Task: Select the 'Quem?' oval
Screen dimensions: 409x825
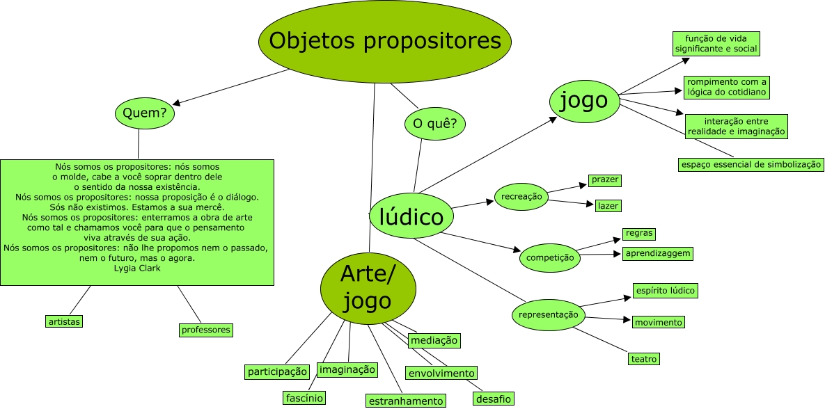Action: pos(144,113)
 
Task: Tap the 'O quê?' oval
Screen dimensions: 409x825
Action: pos(434,124)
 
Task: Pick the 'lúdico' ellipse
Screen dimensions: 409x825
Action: pos(412,217)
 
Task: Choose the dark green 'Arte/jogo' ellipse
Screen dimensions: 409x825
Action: pos(368,288)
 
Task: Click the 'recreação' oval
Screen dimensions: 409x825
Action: pos(521,197)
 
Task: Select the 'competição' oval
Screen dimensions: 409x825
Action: pos(551,257)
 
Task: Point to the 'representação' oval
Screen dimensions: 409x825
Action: pos(549,315)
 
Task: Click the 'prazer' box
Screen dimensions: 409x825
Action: pos(604,180)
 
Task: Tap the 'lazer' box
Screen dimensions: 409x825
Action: pos(607,206)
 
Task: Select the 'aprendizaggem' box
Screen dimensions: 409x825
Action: pos(657,253)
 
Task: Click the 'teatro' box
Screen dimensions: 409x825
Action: pos(643,359)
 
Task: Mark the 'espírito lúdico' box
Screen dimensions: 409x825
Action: pos(664,290)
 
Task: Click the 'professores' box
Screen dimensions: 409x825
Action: pos(205,330)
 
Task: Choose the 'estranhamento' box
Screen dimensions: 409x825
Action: pos(405,401)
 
